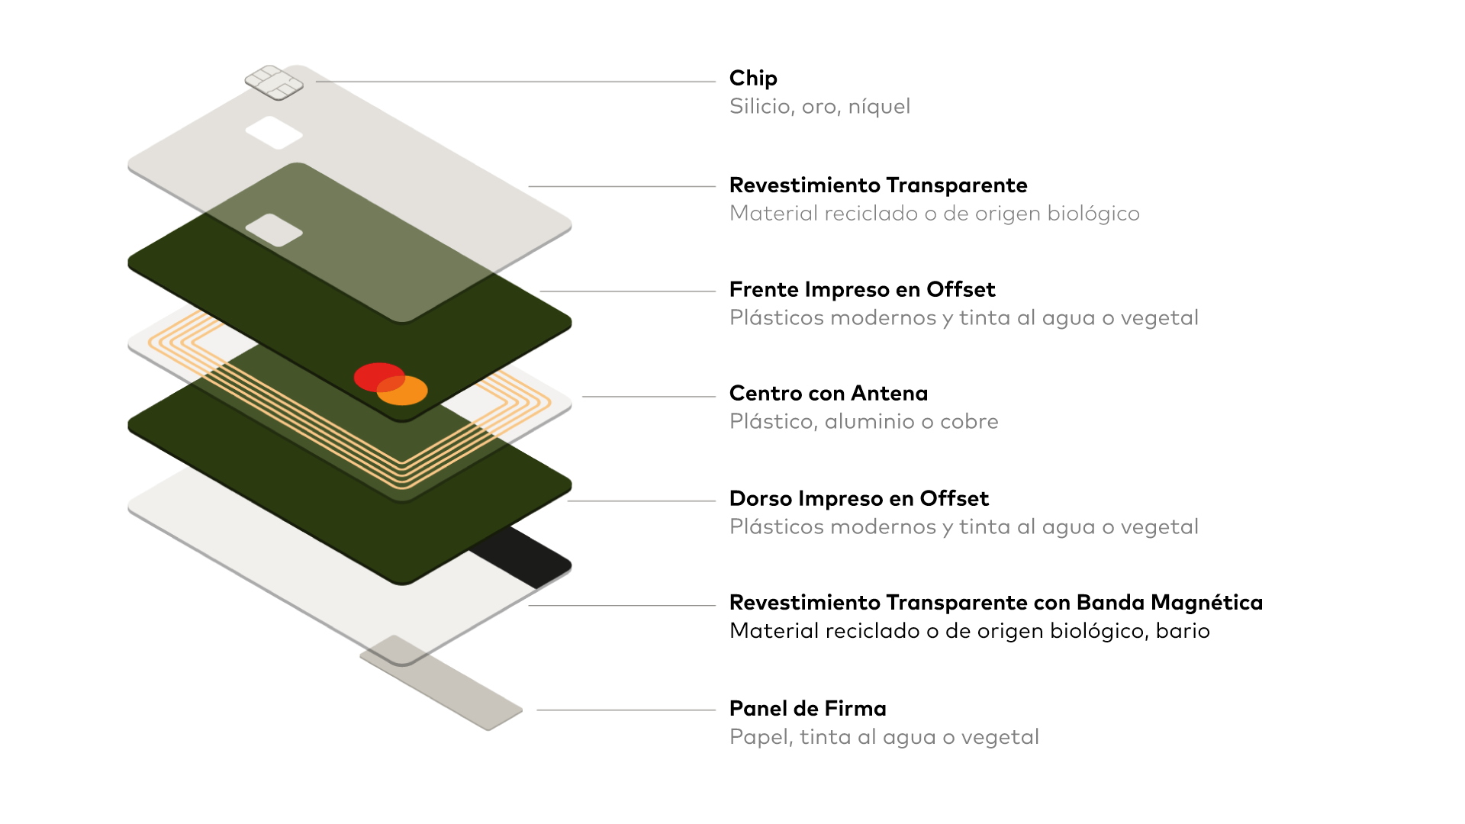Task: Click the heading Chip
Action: (752, 78)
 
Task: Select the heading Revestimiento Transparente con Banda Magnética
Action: (996, 603)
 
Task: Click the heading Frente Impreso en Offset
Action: (861, 290)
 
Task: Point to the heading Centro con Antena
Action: (828, 394)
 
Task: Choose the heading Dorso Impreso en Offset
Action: (858, 499)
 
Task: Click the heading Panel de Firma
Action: (807, 709)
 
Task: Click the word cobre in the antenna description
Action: (969, 422)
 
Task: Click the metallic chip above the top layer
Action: (274, 82)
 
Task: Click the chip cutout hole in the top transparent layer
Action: (274, 133)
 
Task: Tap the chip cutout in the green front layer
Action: (274, 230)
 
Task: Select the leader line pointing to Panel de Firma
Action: (626, 710)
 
